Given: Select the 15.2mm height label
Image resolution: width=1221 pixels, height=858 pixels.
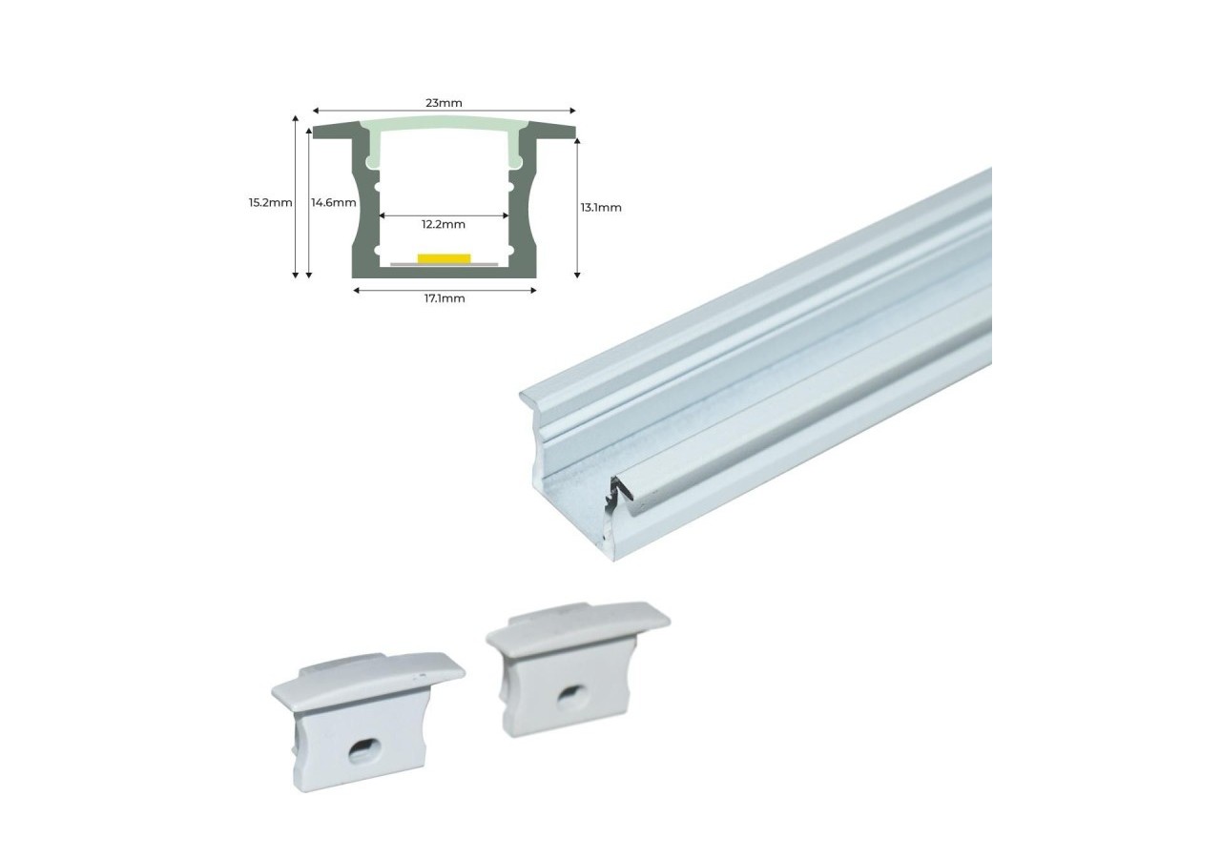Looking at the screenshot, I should pos(270,202).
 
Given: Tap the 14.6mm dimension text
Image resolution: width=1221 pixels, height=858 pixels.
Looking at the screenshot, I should pos(334,202).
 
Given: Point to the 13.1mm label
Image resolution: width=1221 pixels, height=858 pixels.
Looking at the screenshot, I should pos(601,207).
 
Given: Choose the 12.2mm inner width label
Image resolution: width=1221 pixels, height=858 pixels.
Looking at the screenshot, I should pos(444,225).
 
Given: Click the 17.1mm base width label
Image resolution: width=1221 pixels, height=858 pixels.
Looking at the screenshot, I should pos(444,299).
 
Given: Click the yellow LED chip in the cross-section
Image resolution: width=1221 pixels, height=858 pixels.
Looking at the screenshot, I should pos(444,257).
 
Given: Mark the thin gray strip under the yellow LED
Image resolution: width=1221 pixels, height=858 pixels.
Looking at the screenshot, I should pos(444,264).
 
